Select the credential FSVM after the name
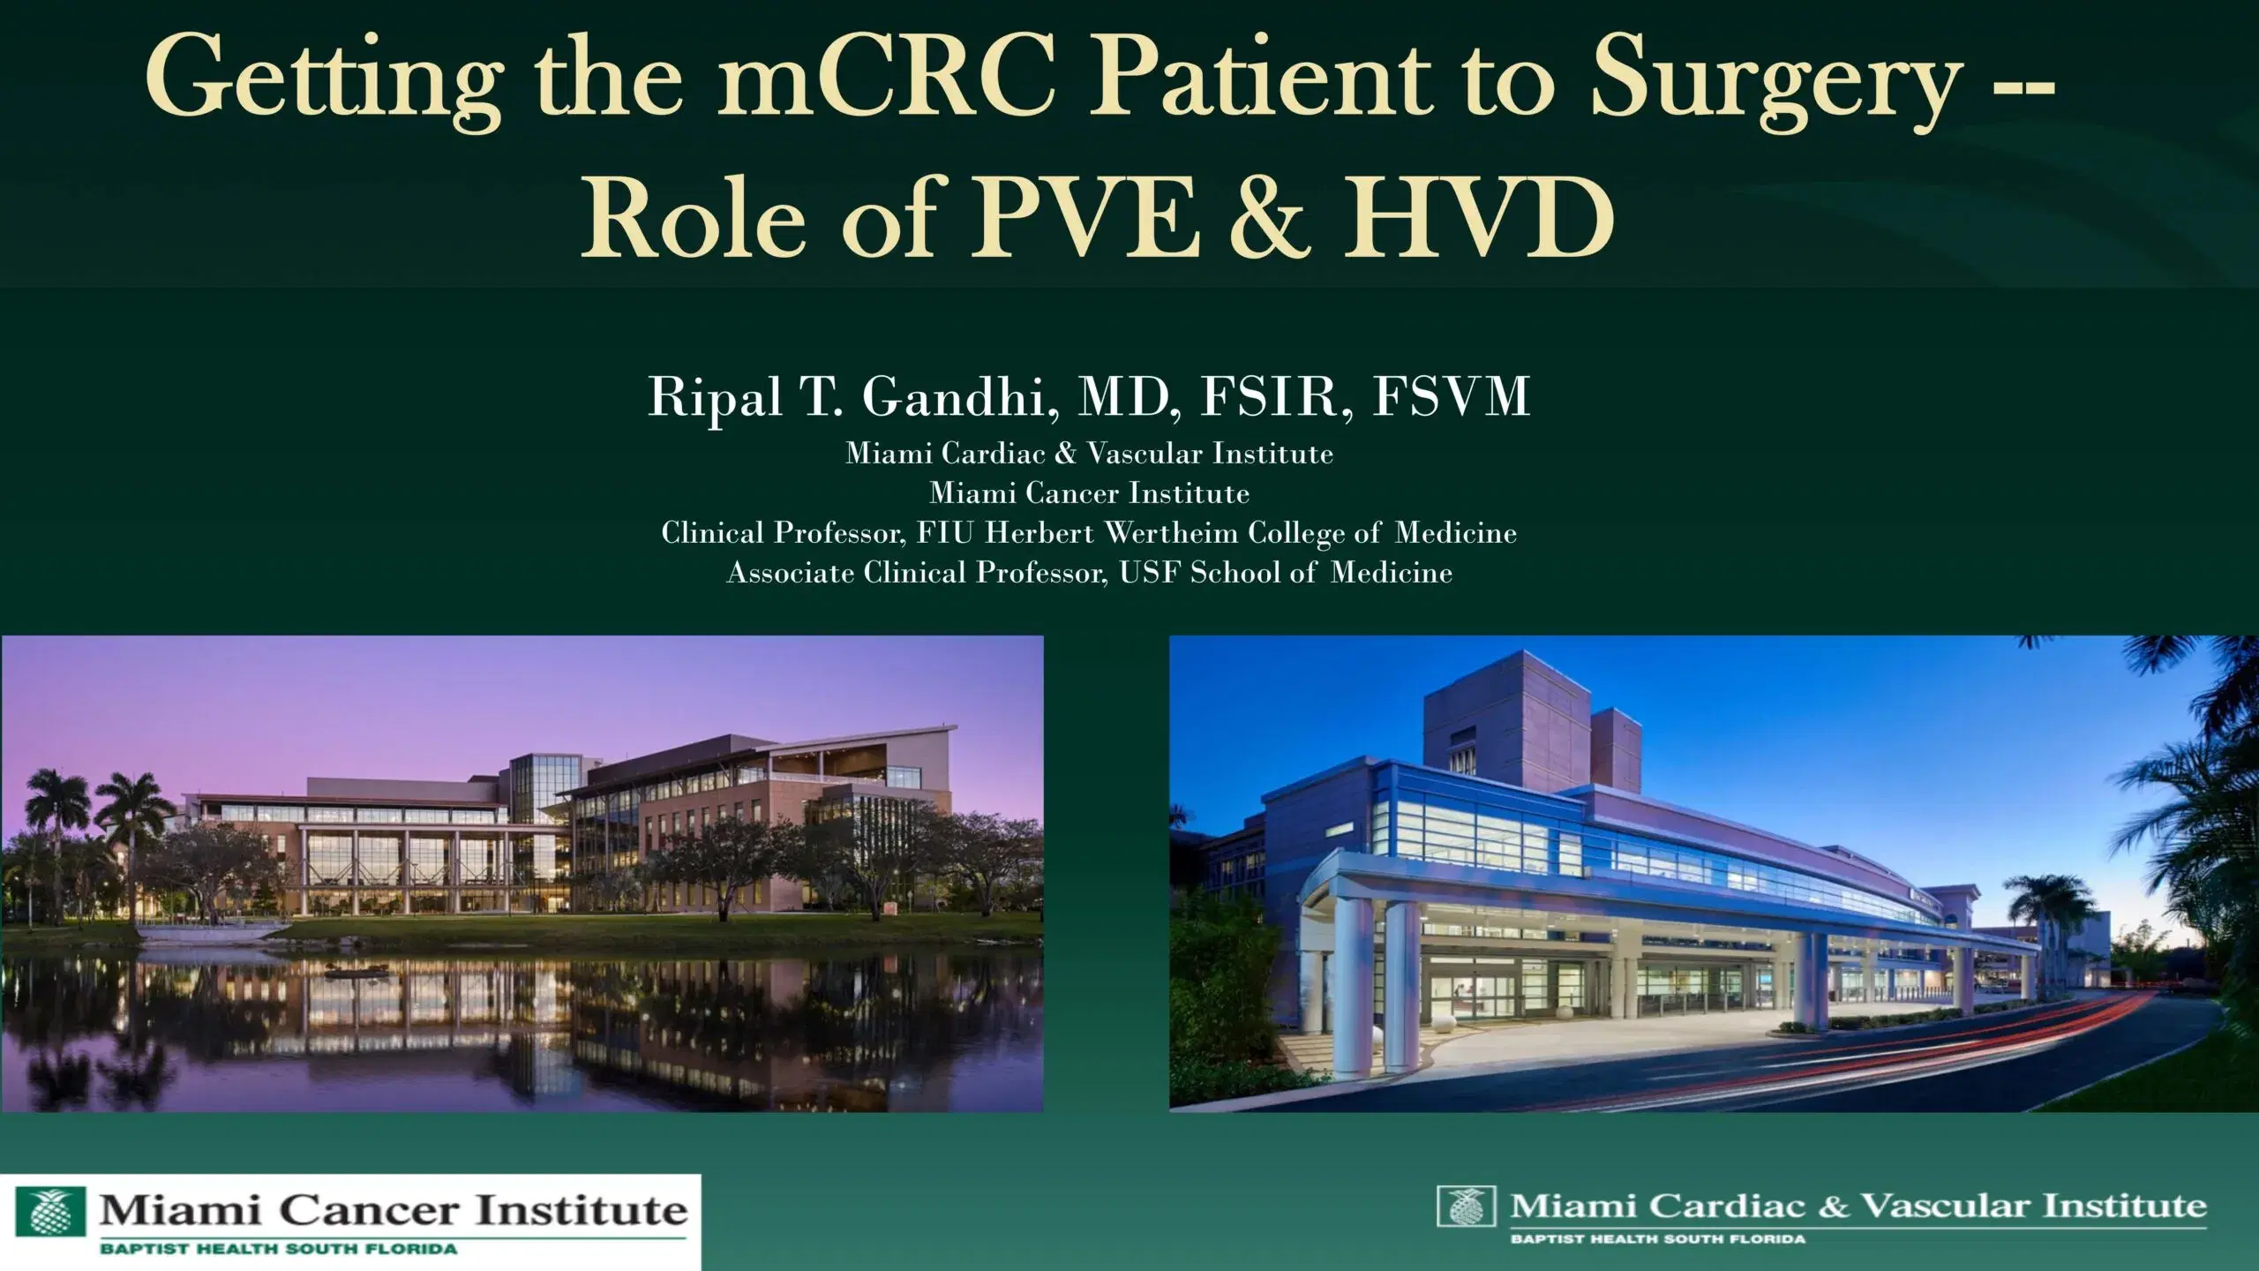click(x=1451, y=397)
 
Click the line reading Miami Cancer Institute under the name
click(x=1089, y=493)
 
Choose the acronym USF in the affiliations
click(x=1151, y=573)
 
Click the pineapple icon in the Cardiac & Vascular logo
click(x=1466, y=1207)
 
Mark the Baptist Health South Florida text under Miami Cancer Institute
click(x=278, y=1249)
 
